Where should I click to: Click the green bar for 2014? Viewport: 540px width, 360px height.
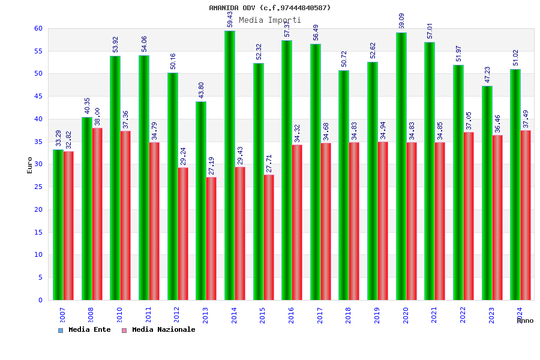pos(230,165)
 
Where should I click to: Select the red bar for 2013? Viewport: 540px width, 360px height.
pos(211,238)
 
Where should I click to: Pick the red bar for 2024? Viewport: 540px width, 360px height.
pos(526,215)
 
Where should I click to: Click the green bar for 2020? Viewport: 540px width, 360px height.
pos(401,166)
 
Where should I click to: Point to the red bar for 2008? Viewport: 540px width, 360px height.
pos(97,214)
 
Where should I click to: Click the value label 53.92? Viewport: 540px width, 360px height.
pos(116,44)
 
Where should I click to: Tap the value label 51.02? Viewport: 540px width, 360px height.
pos(515,58)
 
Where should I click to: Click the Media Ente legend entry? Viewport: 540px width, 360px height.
pos(85,329)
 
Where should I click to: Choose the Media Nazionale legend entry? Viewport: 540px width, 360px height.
pos(158,329)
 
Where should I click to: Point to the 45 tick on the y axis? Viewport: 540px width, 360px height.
pos(38,96)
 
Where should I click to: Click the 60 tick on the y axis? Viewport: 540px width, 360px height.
pos(38,28)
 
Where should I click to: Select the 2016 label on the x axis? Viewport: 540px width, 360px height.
pos(291,315)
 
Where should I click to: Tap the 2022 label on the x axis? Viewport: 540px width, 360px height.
pos(463,315)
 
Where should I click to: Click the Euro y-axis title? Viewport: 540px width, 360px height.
pos(30,165)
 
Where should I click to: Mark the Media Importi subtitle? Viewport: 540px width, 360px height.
pos(270,20)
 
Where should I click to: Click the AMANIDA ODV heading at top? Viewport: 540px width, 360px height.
pos(270,8)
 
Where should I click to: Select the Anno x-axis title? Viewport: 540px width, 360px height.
pos(525,320)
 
